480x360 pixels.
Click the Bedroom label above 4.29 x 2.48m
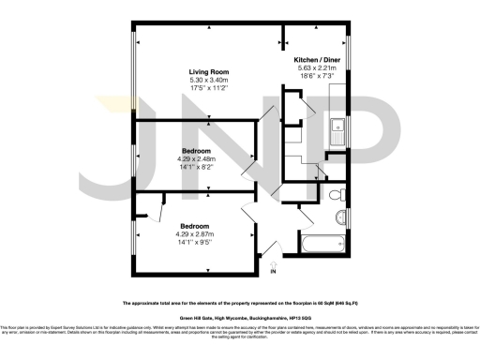[x=195, y=150]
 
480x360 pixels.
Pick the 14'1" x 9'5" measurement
[x=196, y=243]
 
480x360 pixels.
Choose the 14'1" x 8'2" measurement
[x=195, y=168]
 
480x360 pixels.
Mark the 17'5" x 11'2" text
[x=210, y=89]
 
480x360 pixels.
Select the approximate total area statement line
[x=240, y=304]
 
